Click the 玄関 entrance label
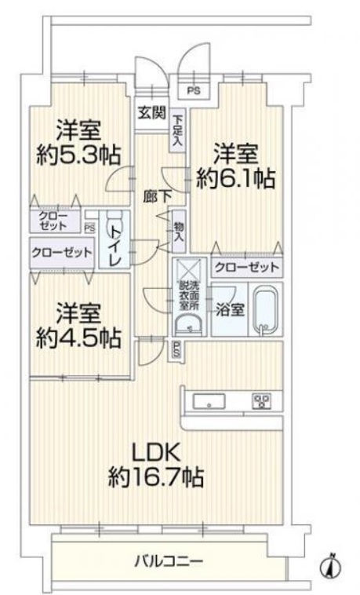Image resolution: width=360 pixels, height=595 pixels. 151,112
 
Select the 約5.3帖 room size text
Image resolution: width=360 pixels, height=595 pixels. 78,155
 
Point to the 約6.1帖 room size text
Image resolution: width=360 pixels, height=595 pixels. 235,178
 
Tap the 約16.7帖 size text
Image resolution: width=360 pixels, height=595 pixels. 156,477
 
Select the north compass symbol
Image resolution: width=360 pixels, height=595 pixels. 331,567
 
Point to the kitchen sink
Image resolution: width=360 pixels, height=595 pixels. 209,401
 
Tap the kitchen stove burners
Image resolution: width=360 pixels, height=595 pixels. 263,401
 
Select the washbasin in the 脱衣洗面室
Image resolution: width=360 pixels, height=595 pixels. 189,323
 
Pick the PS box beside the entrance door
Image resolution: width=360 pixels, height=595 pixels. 194,91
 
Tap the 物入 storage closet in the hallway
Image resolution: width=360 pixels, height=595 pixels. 179,232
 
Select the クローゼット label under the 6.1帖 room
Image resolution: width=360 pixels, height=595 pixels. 247,268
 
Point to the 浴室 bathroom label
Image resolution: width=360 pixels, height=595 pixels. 230,310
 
